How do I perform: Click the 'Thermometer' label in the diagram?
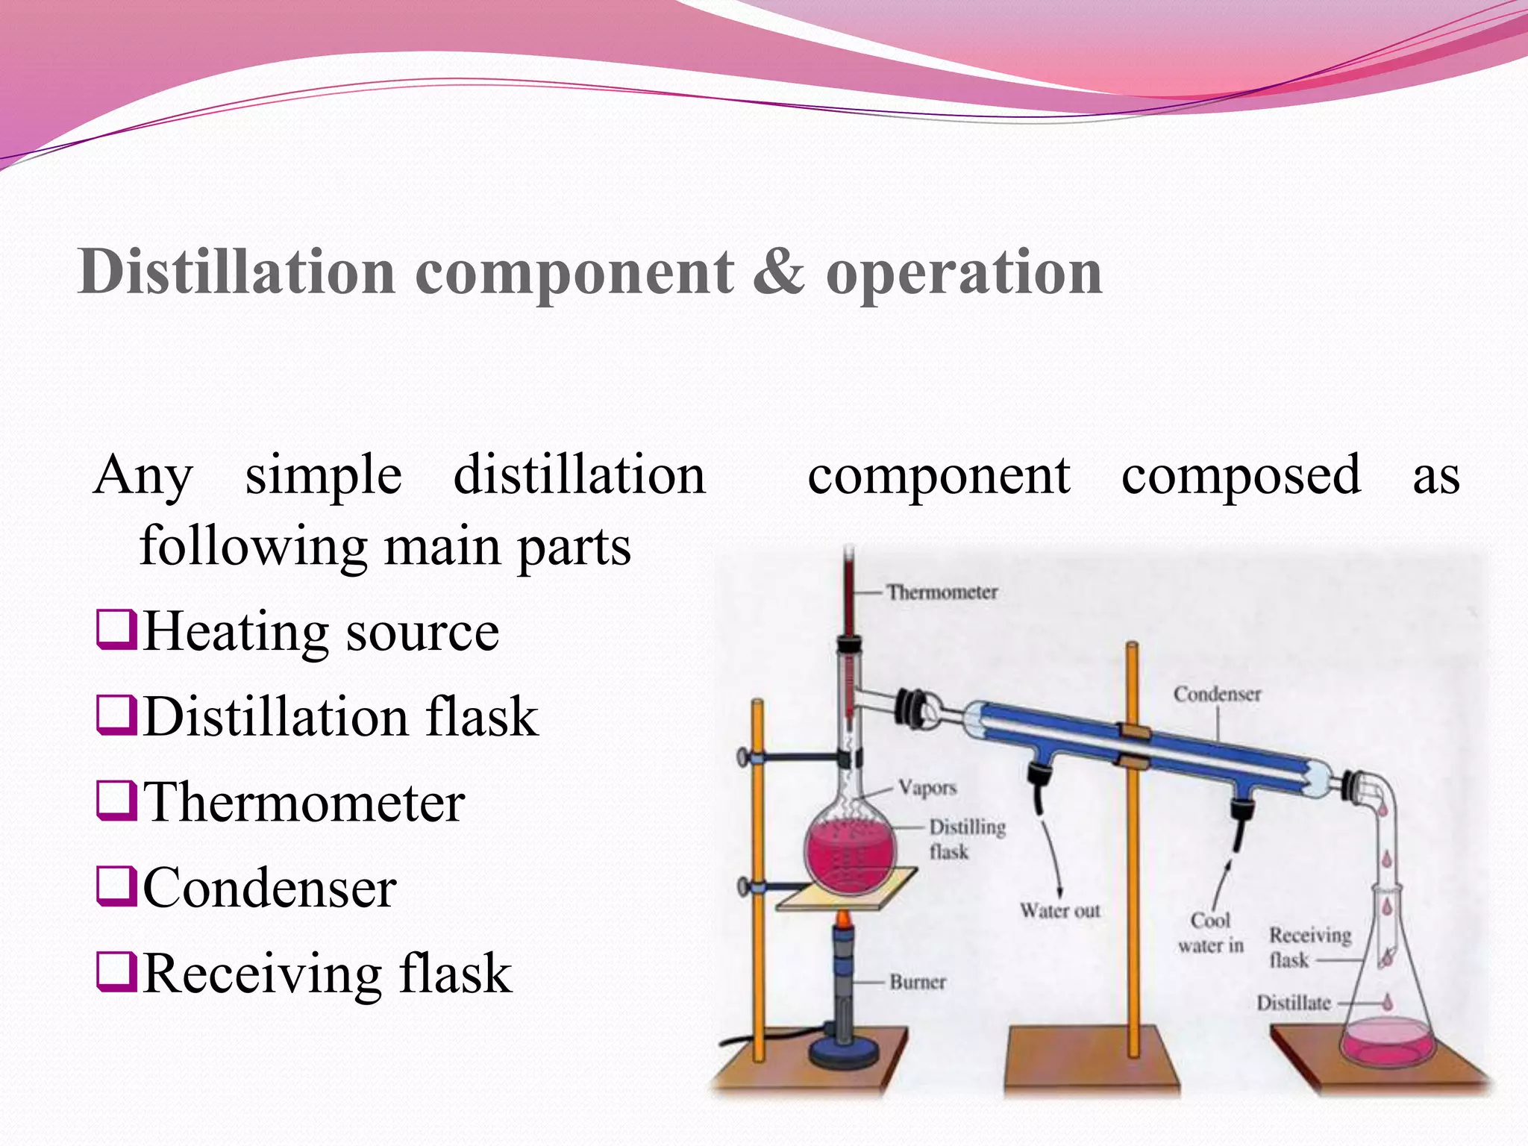click(x=942, y=592)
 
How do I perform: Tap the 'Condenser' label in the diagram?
click(x=1217, y=694)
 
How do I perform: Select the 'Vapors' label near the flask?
click(x=927, y=788)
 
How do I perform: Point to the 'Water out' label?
click(x=1059, y=910)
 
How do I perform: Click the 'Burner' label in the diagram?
click(x=917, y=982)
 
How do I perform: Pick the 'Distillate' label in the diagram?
click(x=1293, y=1003)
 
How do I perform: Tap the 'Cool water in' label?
click(x=1210, y=933)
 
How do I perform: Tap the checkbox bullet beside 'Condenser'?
click(x=116, y=886)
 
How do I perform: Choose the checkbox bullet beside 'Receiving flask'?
click(x=116, y=972)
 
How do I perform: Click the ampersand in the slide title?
click(x=779, y=272)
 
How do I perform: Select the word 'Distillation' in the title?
click(x=236, y=272)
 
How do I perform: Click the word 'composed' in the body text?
click(x=1241, y=475)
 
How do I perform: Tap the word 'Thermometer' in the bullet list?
click(x=304, y=803)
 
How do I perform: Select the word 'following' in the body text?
click(x=254, y=546)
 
